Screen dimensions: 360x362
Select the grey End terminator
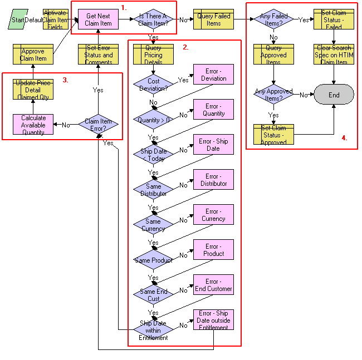pyautogui.click(x=334, y=95)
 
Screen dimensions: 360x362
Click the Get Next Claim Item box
pyautogui.click(x=98, y=19)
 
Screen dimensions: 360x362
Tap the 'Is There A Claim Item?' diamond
pyautogui.click(x=153, y=19)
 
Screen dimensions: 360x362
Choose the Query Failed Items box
pyautogui.click(x=213, y=19)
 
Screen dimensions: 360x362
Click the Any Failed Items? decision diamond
pyautogui.click(x=274, y=19)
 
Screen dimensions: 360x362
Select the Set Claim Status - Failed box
pyautogui.click(x=334, y=19)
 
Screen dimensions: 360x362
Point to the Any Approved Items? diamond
pyautogui.click(x=274, y=95)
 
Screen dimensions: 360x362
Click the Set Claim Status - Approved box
pyautogui.click(x=274, y=135)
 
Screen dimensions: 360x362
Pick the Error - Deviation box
pyautogui.click(x=213, y=75)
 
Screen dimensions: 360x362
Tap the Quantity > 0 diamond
pyautogui.click(x=153, y=119)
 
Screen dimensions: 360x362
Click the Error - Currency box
pyautogui.click(x=213, y=215)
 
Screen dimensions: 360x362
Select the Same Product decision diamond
pyautogui.click(x=153, y=260)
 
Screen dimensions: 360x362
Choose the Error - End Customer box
pyautogui.click(x=213, y=285)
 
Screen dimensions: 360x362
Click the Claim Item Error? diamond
pyautogui.click(x=98, y=125)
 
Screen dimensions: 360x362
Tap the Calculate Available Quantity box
pyautogui.click(x=33, y=125)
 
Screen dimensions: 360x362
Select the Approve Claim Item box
pyautogui.click(x=33, y=55)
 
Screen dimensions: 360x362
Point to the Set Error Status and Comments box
pyautogui.click(x=98, y=55)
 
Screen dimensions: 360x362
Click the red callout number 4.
pyautogui.click(x=344, y=138)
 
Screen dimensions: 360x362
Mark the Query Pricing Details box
pyautogui.click(x=153, y=55)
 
